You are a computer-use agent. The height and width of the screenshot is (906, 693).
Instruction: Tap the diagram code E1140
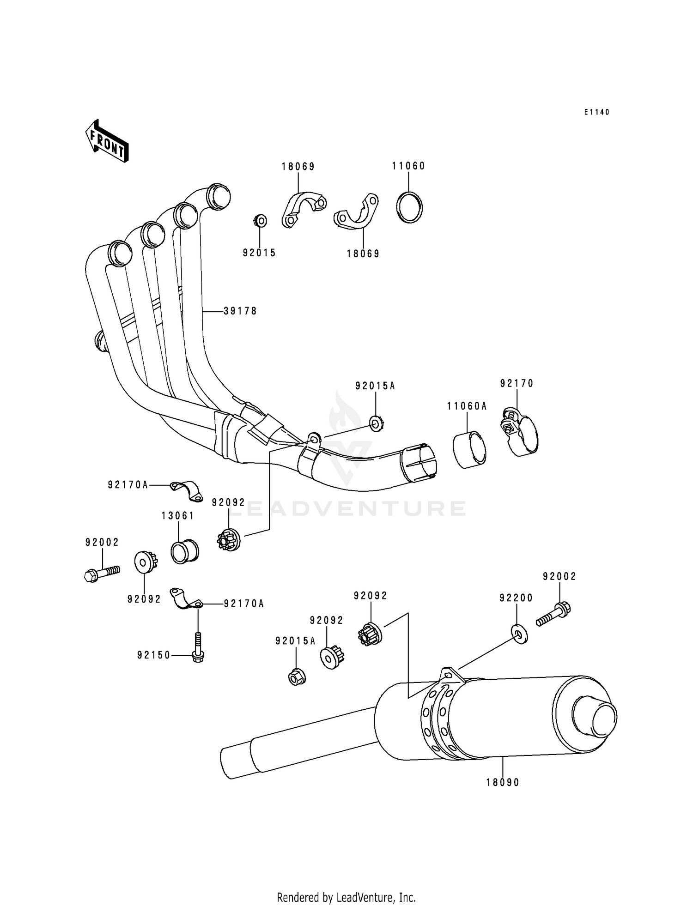596,112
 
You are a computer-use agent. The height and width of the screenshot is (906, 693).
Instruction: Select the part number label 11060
408,166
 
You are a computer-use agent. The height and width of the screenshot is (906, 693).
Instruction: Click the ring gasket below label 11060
409,207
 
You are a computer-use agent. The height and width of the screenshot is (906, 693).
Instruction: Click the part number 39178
240,311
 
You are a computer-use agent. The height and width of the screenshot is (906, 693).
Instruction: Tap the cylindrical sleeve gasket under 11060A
469,450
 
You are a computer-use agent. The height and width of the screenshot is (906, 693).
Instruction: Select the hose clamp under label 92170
520,432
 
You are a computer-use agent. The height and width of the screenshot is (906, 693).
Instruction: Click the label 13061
178,516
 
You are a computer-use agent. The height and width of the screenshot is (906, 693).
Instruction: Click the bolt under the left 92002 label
102,573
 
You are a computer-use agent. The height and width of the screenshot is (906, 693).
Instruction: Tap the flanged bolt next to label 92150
198,648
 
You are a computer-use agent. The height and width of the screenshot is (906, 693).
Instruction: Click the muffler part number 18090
503,782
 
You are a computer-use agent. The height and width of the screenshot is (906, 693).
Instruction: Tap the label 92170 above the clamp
517,383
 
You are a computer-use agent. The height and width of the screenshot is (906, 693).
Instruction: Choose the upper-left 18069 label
298,166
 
